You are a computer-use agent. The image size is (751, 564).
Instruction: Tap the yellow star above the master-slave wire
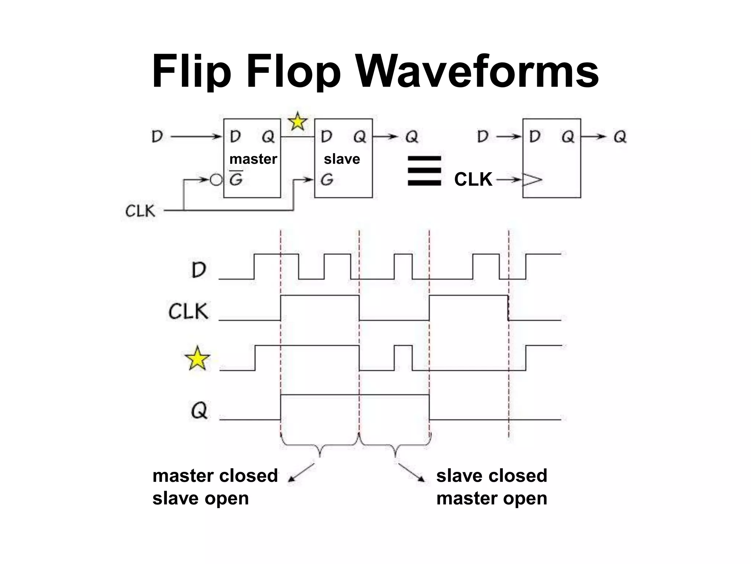(x=297, y=122)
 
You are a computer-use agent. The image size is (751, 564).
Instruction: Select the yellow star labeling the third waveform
(x=197, y=358)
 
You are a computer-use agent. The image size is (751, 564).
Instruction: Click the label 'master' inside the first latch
(x=253, y=159)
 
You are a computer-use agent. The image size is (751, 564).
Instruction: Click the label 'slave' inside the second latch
(x=342, y=159)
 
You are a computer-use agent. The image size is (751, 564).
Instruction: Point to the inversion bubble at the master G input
(x=216, y=180)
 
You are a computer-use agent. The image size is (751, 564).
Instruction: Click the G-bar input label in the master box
(x=236, y=179)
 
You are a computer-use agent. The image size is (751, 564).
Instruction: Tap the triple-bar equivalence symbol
(x=424, y=171)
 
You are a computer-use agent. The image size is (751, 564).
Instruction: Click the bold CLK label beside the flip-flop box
(x=473, y=180)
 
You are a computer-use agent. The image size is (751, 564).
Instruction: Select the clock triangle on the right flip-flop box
(x=532, y=180)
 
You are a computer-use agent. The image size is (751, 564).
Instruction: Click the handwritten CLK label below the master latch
(x=140, y=211)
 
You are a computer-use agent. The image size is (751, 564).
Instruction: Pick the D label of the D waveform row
(x=199, y=270)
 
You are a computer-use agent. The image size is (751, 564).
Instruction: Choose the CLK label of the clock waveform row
(x=188, y=311)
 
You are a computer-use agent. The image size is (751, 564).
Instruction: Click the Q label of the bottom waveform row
(x=199, y=410)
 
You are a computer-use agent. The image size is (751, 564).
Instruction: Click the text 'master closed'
(x=215, y=476)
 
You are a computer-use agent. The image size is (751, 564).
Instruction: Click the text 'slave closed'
(x=491, y=476)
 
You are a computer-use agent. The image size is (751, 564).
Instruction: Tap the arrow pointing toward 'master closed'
(x=301, y=472)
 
